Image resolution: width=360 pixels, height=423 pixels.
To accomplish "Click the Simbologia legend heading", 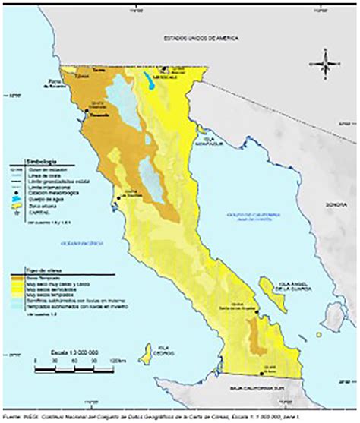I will [24, 163].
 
